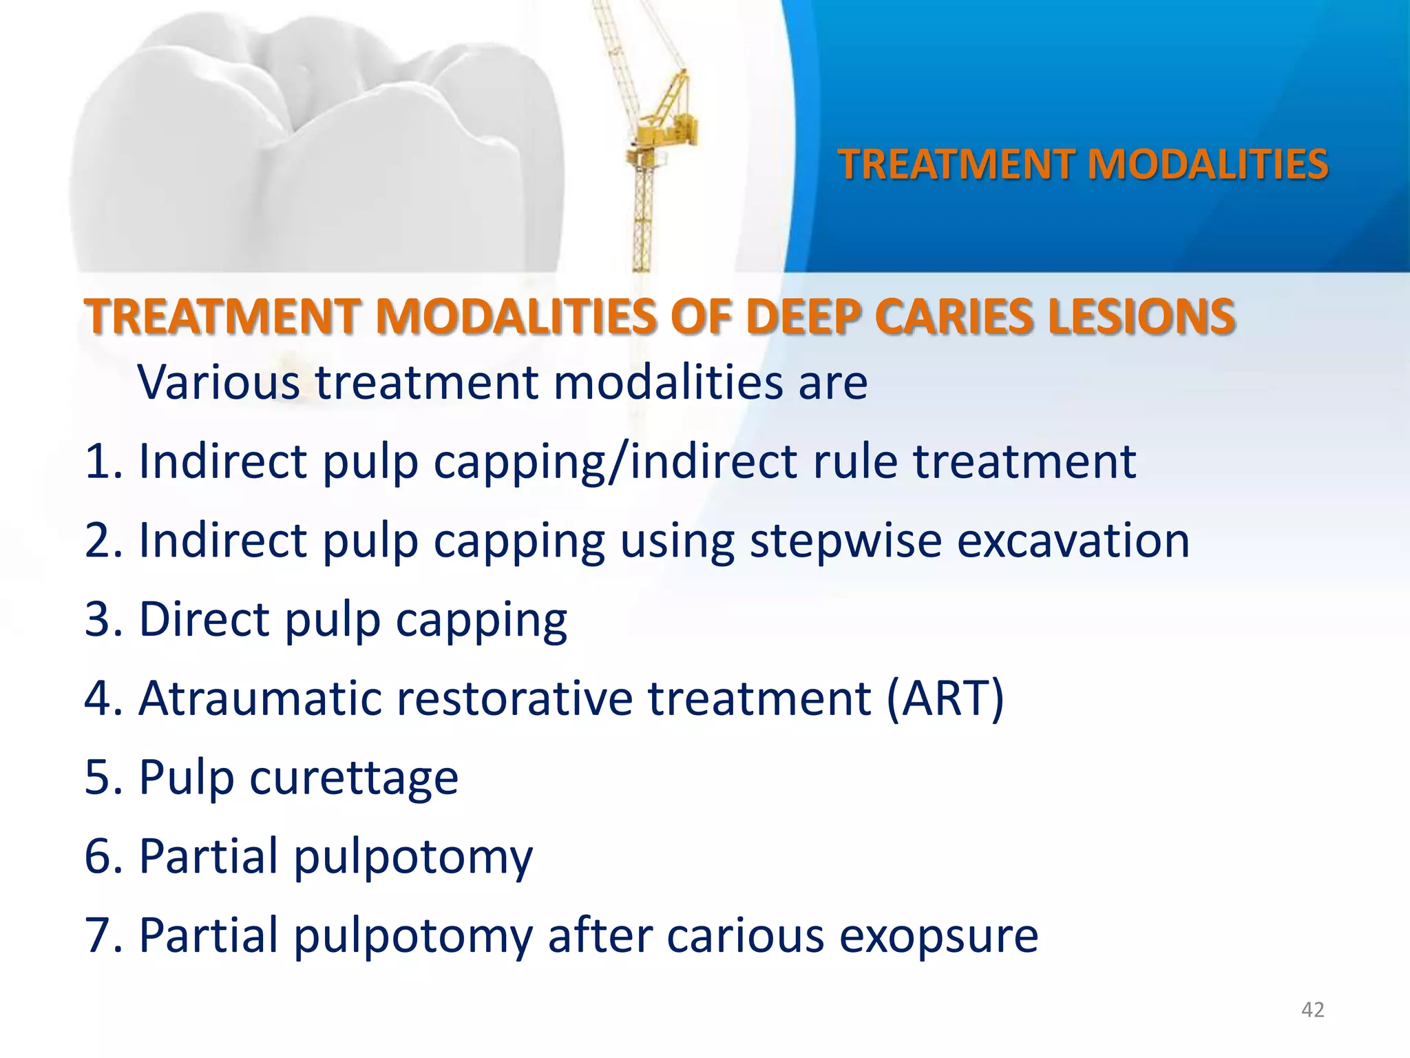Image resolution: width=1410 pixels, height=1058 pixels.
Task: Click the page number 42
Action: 1312,1010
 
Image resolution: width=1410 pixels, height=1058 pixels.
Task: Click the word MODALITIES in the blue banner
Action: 1207,165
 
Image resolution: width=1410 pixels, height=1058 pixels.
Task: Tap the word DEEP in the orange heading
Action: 802,318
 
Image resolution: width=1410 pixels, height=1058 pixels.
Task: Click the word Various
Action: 218,382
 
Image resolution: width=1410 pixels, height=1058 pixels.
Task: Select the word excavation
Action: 1073,540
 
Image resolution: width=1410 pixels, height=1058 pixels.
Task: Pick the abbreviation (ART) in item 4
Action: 945,699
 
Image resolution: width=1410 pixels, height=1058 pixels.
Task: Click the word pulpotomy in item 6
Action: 413,858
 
